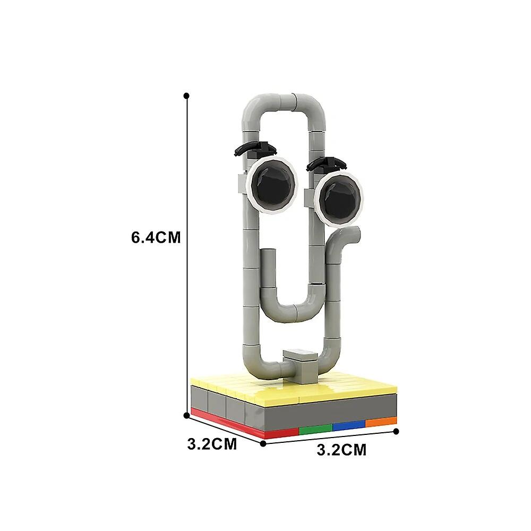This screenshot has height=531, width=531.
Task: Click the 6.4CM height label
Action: [156, 238]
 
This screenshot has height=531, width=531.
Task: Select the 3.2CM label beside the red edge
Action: [212, 444]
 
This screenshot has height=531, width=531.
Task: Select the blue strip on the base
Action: [349, 425]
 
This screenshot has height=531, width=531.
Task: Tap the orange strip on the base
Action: [381, 422]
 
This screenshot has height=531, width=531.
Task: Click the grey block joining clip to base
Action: [300, 364]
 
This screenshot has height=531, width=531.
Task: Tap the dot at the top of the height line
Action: [186, 96]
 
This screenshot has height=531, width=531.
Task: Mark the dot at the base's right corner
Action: [396, 431]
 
